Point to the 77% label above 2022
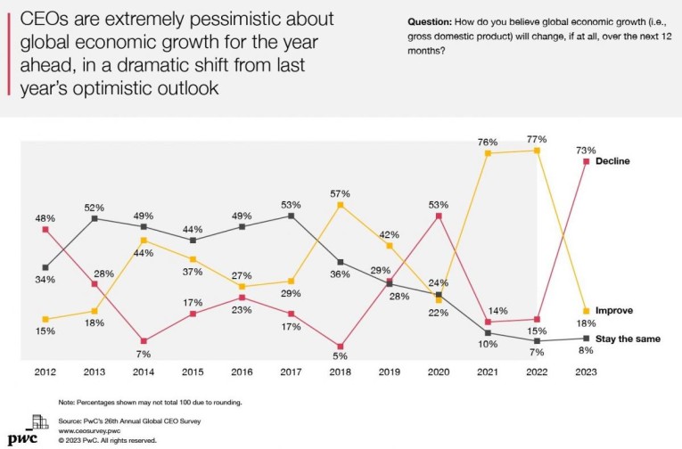click(537, 139)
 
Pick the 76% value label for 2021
click(488, 141)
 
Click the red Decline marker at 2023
click(586, 161)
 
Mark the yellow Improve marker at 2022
click(537, 151)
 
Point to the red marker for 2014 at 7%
click(144, 341)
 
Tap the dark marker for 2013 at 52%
click(95, 218)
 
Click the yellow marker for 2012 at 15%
click(46, 319)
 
